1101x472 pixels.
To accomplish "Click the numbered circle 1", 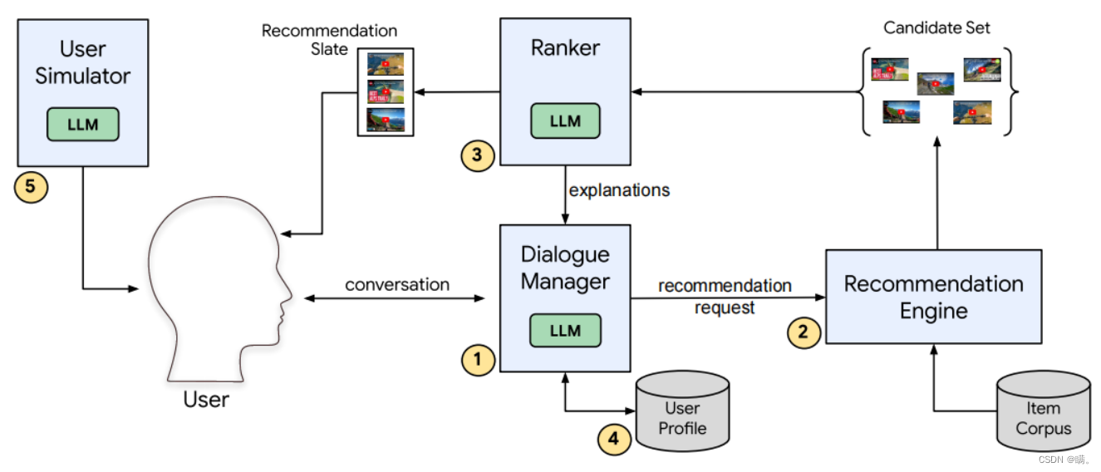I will [478, 359].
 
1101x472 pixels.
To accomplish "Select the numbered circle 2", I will [803, 332].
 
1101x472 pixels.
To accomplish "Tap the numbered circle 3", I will [478, 154].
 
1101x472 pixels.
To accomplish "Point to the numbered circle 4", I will [614, 438].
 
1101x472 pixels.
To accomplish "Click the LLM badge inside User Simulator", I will [82, 125].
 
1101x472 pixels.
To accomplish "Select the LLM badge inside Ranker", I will [565, 121].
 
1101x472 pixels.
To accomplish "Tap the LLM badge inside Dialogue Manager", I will [565, 330].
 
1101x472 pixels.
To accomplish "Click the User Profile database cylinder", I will [681, 411].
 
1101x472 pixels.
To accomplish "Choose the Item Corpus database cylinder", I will [1043, 413].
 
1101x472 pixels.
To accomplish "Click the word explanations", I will [619, 189].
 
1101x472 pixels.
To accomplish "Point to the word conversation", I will [397, 284].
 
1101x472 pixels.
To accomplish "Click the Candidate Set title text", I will [936, 28].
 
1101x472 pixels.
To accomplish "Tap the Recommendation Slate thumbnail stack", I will [385, 91].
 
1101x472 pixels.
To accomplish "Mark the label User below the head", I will [206, 400].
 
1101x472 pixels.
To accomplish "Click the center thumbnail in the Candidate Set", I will [935, 83].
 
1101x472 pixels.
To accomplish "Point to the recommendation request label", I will [725, 297].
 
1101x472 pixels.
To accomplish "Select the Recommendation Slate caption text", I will [329, 40].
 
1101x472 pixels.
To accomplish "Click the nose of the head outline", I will [288, 293].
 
